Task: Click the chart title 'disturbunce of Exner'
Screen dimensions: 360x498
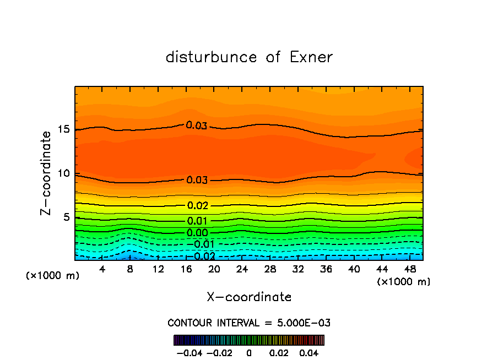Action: click(x=249, y=57)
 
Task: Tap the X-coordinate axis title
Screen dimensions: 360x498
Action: click(x=249, y=297)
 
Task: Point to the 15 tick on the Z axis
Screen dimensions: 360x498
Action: click(x=64, y=129)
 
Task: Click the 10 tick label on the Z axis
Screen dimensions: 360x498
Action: click(x=64, y=173)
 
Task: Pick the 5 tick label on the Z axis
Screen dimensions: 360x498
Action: click(x=67, y=217)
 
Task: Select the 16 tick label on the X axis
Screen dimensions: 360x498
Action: click(x=186, y=270)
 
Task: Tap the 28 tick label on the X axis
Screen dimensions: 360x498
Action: click(x=270, y=270)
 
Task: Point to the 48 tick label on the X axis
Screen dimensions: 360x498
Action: click(x=409, y=270)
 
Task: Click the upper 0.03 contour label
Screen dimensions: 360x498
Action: click(x=197, y=126)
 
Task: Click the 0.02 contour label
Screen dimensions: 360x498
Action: click(x=198, y=206)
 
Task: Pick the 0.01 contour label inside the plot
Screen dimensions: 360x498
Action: click(x=198, y=221)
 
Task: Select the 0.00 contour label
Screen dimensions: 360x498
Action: click(x=198, y=233)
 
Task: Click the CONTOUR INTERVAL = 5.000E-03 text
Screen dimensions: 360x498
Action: click(x=249, y=323)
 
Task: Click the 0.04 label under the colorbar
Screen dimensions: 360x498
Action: click(x=309, y=352)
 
